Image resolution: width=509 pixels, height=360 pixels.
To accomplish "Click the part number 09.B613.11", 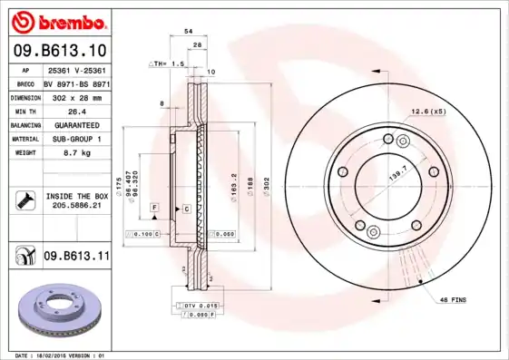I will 76,258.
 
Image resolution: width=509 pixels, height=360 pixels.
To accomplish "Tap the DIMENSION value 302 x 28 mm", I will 76,95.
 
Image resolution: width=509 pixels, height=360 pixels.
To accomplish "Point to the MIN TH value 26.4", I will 76,110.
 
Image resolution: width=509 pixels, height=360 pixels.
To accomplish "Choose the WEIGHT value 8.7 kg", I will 76,153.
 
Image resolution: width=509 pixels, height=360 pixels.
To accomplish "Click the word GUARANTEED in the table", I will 76,124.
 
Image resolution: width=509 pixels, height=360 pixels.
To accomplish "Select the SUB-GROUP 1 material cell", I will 76,139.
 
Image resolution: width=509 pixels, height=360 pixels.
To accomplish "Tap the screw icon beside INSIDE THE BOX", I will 23,201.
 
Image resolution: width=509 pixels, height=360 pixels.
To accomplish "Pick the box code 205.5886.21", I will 76,207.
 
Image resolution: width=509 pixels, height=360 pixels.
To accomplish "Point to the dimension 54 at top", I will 189,31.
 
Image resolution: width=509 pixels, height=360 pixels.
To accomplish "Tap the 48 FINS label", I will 453,299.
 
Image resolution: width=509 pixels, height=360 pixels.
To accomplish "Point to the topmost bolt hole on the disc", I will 388,138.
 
